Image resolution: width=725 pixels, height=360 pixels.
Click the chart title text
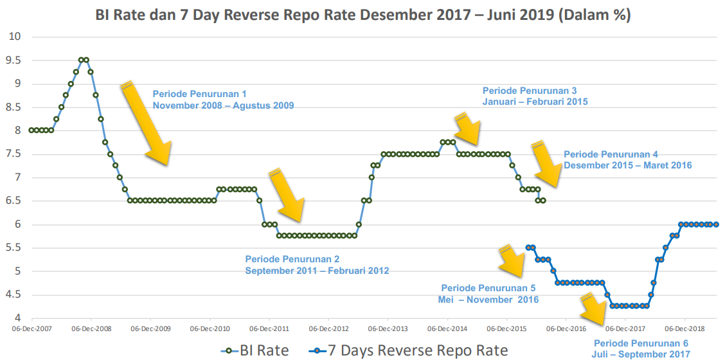(362, 15)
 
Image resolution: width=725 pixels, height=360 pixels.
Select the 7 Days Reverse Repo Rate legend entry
(408, 350)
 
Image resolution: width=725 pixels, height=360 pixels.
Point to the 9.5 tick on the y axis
(13, 60)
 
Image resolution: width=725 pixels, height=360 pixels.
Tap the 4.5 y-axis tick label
(13, 295)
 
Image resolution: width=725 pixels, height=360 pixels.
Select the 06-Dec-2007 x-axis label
(32, 328)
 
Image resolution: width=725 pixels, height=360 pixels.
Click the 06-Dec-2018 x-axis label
(685, 328)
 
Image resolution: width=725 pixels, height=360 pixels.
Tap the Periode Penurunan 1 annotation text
(223, 100)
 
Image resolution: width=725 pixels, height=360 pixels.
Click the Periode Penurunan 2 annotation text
(317, 265)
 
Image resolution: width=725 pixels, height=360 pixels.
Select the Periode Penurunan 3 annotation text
(535, 96)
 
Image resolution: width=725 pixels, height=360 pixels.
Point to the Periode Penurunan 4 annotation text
(627, 159)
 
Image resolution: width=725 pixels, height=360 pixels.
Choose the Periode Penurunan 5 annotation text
(489, 294)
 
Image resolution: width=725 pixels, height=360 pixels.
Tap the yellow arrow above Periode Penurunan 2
(287, 195)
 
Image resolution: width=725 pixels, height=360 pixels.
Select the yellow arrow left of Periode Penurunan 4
(548, 164)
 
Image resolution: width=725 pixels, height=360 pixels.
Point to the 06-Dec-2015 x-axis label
(506, 328)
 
